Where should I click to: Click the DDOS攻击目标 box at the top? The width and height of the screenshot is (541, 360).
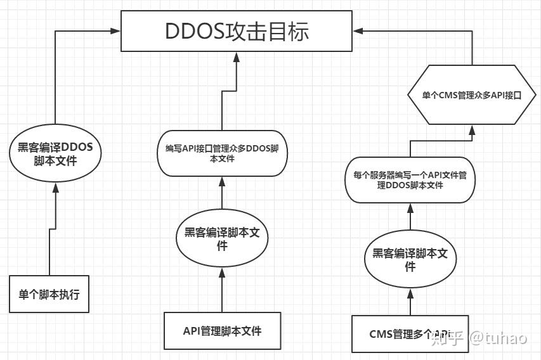tap(237, 30)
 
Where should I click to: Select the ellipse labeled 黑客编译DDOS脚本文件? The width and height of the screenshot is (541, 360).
tap(55, 153)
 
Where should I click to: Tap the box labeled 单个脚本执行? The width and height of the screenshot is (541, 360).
tap(49, 294)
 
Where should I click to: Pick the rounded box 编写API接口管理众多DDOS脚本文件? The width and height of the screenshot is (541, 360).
tap(221, 153)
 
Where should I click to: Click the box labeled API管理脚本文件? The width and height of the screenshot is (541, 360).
tap(222, 330)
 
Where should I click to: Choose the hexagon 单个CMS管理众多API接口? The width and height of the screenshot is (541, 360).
tap(472, 96)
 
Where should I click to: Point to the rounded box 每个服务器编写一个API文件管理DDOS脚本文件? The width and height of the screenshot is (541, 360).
tap(410, 180)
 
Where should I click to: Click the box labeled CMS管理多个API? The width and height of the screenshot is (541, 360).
tap(410, 333)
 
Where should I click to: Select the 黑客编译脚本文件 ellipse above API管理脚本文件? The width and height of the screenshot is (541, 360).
tap(222, 238)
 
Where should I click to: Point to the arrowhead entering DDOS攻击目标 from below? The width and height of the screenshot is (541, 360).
tap(236, 57)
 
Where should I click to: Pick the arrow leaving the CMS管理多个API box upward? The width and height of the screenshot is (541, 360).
tap(410, 301)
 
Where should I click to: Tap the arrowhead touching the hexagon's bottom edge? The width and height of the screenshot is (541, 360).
tap(472, 131)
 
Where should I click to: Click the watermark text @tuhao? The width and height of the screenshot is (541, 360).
tap(498, 338)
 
